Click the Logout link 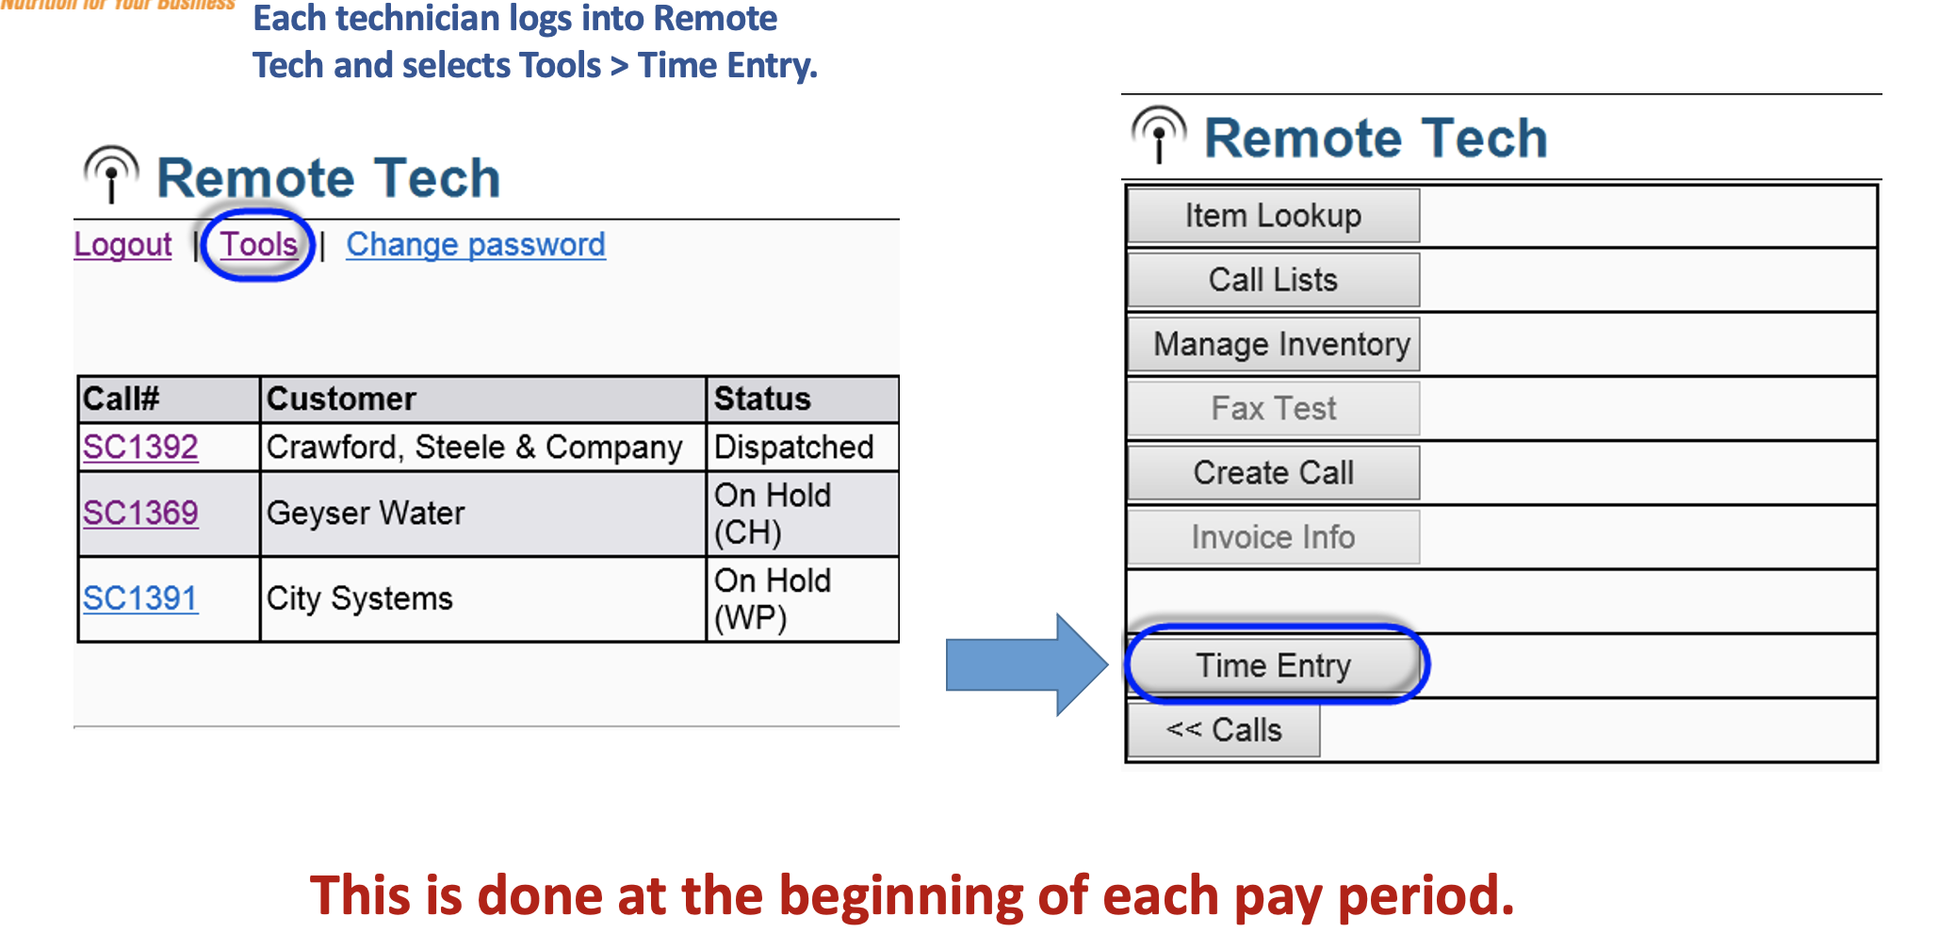point(122,245)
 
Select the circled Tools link point(259,245)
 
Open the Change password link point(475,245)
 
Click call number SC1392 point(140,447)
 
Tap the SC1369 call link point(140,513)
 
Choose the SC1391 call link point(140,598)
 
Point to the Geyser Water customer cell point(366,514)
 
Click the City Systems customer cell point(360,598)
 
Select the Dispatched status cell point(793,447)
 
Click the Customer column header point(341,399)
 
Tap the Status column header point(762,399)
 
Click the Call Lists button point(1273,280)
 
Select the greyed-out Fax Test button point(1273,408)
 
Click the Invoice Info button point(1273,537)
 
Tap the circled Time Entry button point(1273,665)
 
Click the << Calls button point(1223,730)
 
